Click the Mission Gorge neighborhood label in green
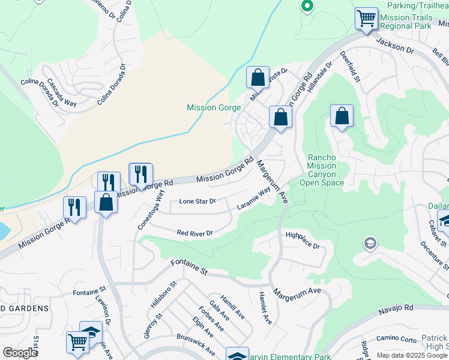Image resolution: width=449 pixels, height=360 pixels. (x=214, y=108)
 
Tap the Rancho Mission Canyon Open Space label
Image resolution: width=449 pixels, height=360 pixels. (x=322, y=170)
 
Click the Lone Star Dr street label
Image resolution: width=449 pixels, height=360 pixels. (x=197, y=201)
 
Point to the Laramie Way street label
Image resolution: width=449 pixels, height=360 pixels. (x=253, y=199)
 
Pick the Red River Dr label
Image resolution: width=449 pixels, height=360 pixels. (x=194, y=233)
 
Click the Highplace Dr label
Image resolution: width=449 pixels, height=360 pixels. (x=303, y=241)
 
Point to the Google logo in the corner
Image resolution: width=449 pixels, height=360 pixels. (x=20, y=353)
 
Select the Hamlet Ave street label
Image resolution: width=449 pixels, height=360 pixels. (x=264, y=308)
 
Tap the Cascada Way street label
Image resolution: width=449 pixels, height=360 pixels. (x=62, y=92)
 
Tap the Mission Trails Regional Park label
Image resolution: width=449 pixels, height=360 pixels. (x=405, y=22)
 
